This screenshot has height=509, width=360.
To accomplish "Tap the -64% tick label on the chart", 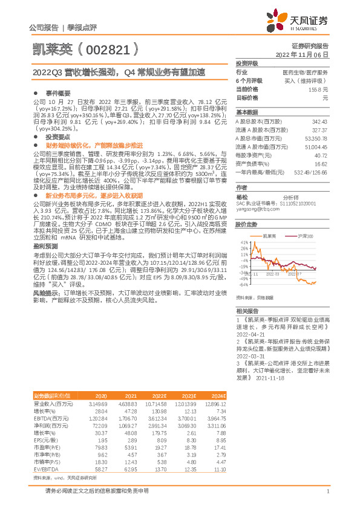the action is (243, 284).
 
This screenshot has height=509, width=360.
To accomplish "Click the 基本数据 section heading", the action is (247, 112).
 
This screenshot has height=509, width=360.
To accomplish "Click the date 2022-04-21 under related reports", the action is (251, 333).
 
